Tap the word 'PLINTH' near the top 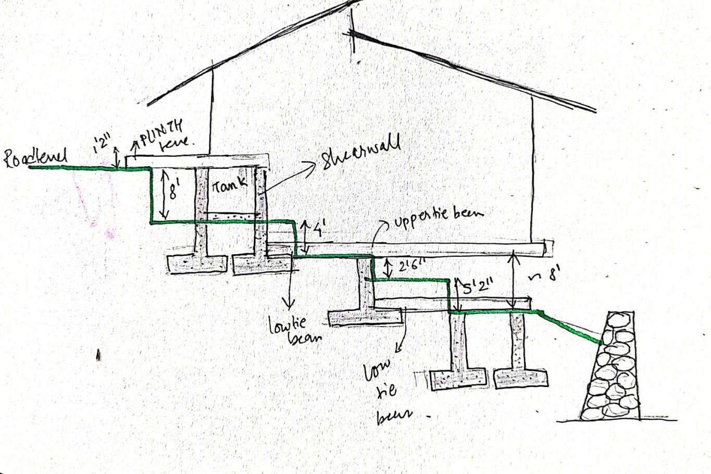coord(161,132)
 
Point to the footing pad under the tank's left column coord(197,264)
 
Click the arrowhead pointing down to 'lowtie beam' coord(288,303)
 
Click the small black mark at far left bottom coord(98,356)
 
